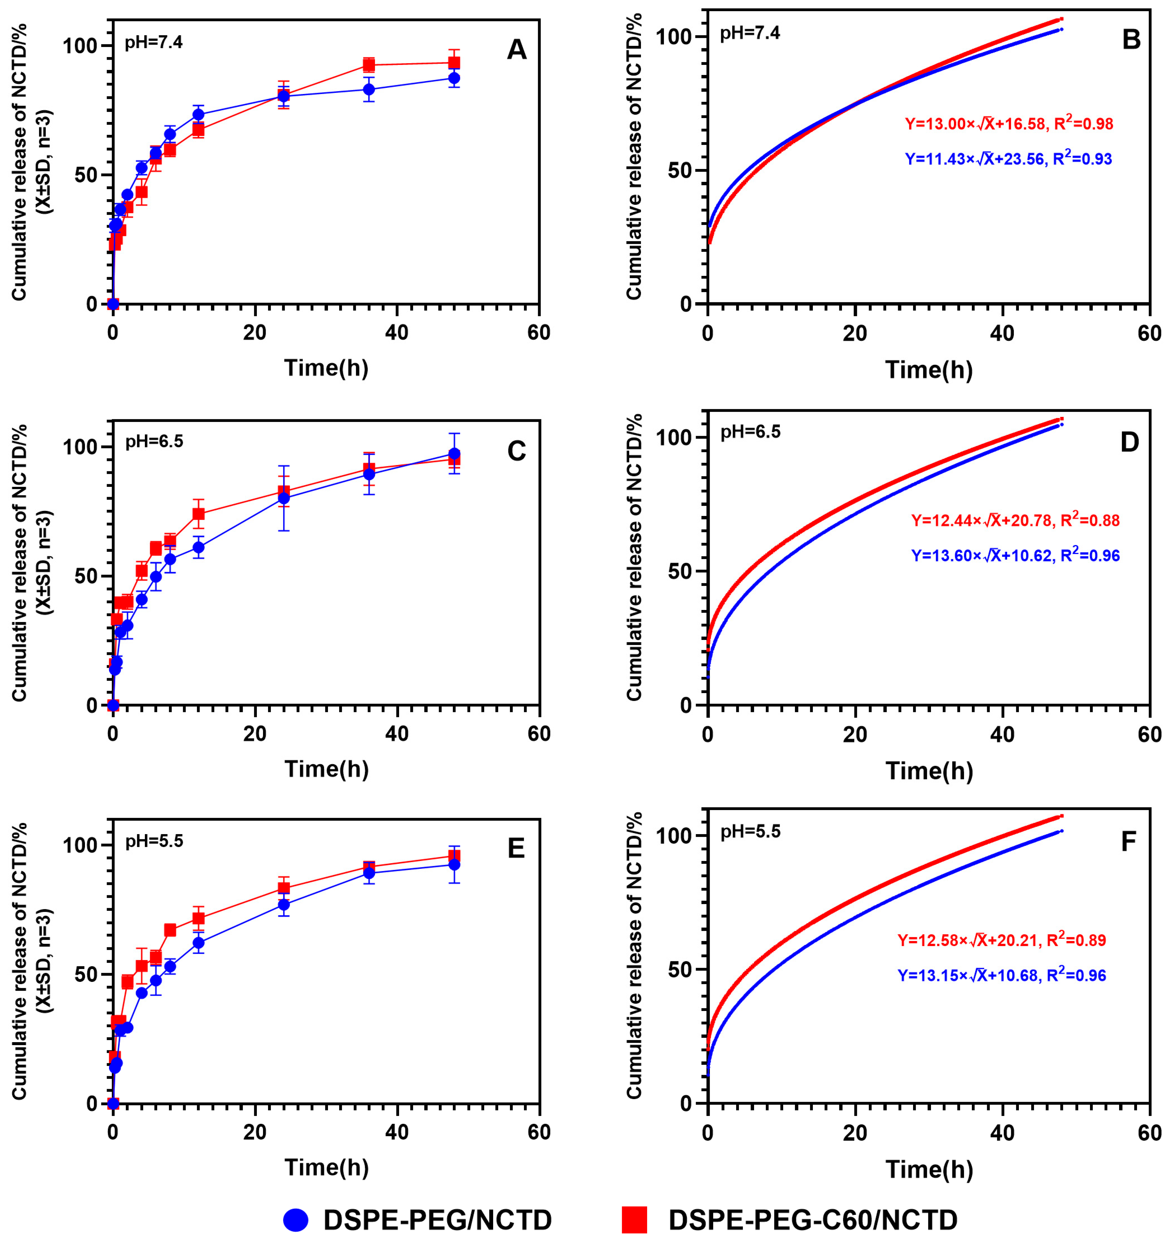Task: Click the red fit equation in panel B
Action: [x=1009, y=123]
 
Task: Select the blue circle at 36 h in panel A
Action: [x=369, y=89]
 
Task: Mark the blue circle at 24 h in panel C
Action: [x=284, y=498]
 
